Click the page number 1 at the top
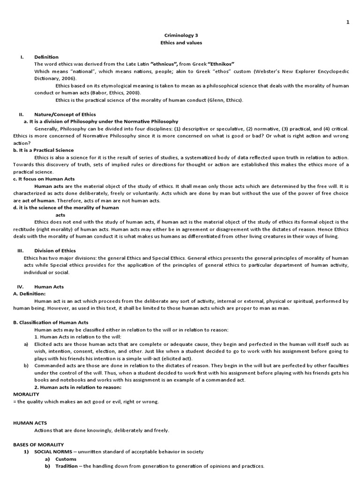(x=348, y=22)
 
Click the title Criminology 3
(x=180, y=35)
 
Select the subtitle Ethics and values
(x=180, y=43)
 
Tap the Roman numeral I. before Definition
(x=22, y=57)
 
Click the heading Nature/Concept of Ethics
(x=65, y=114)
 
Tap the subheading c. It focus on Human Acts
(x=44, y=179)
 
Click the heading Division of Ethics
(x=55, y=251)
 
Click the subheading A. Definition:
(x=33, y=294)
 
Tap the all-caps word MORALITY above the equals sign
(x=26, y=394)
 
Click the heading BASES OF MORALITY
(x=38, y=444)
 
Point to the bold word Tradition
(x=67, y=466)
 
